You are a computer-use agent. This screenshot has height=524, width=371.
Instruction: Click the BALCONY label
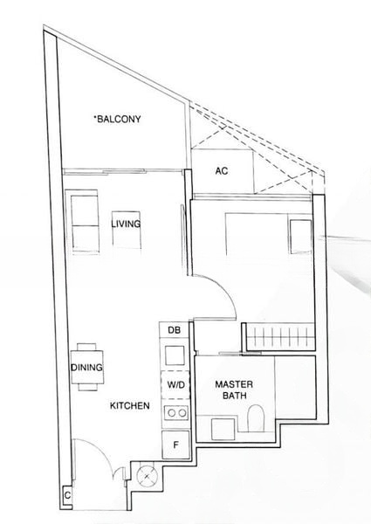(119, 119)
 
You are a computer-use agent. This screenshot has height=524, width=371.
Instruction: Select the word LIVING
(126, 224)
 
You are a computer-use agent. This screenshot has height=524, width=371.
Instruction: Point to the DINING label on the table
(86, 368)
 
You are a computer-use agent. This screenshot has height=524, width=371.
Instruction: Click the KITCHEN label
(129, 406)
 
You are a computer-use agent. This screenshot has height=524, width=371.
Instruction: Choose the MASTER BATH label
(233, 389)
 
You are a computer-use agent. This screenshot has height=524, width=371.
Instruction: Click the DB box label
(173, 329)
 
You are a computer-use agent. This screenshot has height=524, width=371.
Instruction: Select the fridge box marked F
(175, 445)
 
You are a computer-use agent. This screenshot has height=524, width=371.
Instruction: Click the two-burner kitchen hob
(175, 413)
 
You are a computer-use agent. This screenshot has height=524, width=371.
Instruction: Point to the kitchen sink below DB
(174, 355)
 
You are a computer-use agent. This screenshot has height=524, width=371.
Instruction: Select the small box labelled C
(67, 495)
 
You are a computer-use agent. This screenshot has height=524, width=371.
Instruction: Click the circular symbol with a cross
(144, 474)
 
